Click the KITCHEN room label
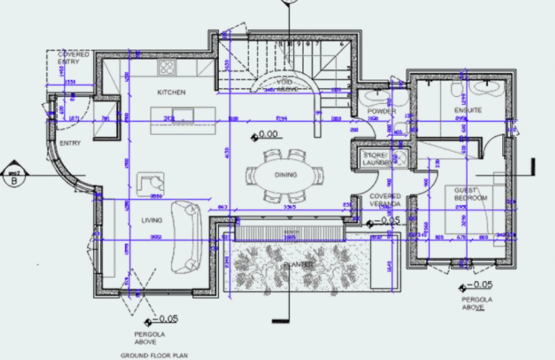tap(171, 92)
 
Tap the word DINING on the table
tap(286, 174)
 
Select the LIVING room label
tap(151, 221)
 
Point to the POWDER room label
tap(382, 111)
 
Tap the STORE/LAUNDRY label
tap(376, 160)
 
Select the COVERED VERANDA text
tap(386, 200)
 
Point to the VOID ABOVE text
tap(287, 85)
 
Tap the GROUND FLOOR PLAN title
tap(154, 355)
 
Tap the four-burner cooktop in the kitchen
tap(167, 68)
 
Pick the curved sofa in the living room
tap(187, 234)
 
